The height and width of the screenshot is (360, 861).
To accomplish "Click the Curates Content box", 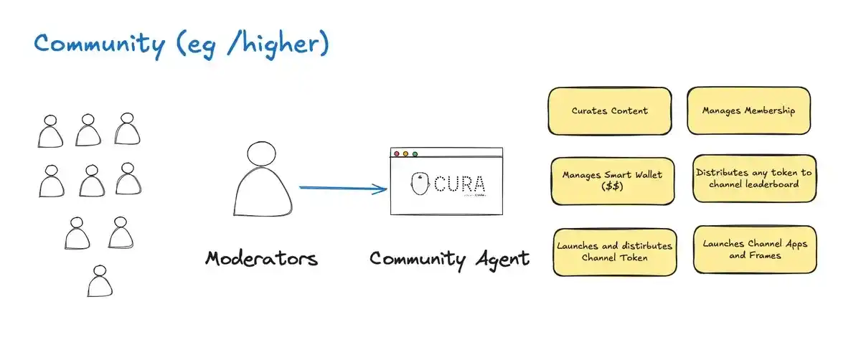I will [x=609, y=111].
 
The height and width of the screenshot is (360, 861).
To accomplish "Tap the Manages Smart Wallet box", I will [x=612, y=180].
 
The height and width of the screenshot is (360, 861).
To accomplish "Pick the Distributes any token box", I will [x=753, y=178].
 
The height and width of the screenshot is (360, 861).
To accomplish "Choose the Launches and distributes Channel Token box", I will [x=614, y=251].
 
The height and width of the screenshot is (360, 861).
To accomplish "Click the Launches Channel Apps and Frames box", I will [x=754, y=249].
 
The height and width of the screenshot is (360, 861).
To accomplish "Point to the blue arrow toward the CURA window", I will [x=343, y=189].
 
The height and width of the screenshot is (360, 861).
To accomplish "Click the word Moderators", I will [x=261, y=258].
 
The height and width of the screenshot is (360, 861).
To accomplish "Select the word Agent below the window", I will [x=502, y=259].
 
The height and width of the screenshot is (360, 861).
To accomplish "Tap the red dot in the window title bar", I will [x=396, y=153].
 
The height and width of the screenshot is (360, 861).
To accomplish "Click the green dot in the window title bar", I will [x=415, y=153].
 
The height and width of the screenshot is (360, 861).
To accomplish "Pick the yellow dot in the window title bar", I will [x=405, y=153].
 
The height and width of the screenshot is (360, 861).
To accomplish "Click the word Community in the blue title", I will [x=100, y=44].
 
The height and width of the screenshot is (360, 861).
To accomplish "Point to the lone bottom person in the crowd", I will [x=100, y=281].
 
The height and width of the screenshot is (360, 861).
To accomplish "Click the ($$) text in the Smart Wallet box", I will [x=612, y=186].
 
